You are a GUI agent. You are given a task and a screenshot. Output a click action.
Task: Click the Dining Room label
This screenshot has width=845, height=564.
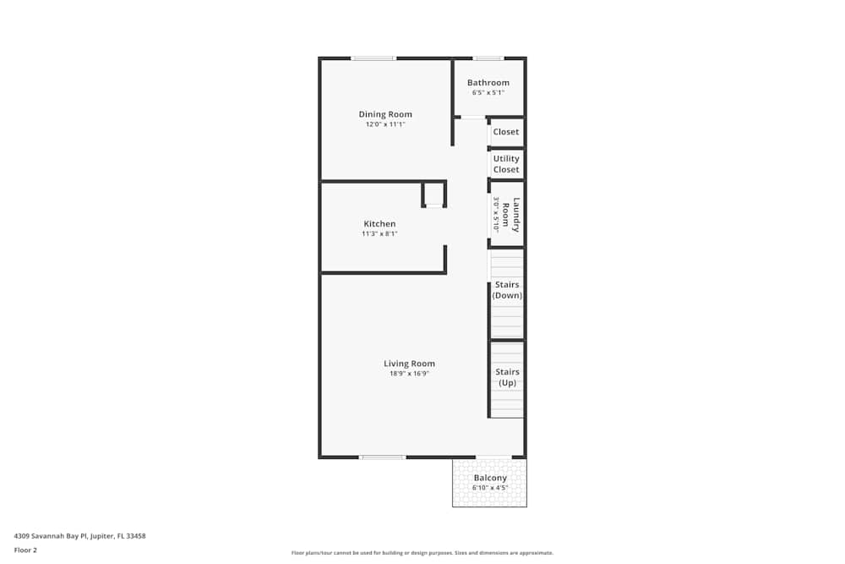[x=385, y=114]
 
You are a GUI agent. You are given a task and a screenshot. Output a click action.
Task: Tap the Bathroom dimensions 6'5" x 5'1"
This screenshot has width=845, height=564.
[x=488, y=93]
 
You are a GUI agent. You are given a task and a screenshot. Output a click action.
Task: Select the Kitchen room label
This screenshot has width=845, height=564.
[x=379, y=224]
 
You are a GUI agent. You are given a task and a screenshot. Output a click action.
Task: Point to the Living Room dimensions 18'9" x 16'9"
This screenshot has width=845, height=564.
[x=410, y=373]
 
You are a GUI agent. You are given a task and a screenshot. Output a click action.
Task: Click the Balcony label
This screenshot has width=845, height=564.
[x=490, y=478]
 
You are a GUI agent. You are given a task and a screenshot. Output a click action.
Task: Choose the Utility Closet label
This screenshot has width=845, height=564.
[x=506, y=164]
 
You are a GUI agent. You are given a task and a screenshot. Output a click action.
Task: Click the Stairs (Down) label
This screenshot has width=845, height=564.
[x=507, y=290]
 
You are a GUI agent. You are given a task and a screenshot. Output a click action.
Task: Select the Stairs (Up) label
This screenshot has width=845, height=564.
[x=507, y=377]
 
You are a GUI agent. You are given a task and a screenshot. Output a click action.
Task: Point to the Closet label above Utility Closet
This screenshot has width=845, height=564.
[x=506, y=132]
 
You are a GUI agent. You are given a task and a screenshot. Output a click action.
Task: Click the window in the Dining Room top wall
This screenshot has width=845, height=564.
[x=373, y=58]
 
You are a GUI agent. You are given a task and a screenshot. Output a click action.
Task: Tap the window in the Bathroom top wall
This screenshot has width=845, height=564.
[x=488, y=58]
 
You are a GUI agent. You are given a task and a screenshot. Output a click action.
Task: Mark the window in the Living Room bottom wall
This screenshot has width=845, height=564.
[x=383, y=457]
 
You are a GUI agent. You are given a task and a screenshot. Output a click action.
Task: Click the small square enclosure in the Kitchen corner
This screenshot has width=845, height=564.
[x=433, y=194]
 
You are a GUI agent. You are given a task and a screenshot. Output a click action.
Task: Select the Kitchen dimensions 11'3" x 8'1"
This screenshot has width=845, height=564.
[x=379, y=234]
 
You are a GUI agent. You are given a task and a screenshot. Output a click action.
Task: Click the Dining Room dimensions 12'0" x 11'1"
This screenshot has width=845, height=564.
[x=385, y=124]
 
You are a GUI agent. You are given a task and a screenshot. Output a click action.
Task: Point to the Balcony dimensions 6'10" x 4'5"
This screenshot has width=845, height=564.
[x=490, y=488]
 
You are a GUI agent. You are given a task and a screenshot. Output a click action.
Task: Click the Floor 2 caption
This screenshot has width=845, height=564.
[x=25, y=550]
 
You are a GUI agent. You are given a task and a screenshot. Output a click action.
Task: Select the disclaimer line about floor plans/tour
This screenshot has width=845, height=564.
[x=422, y=553]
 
